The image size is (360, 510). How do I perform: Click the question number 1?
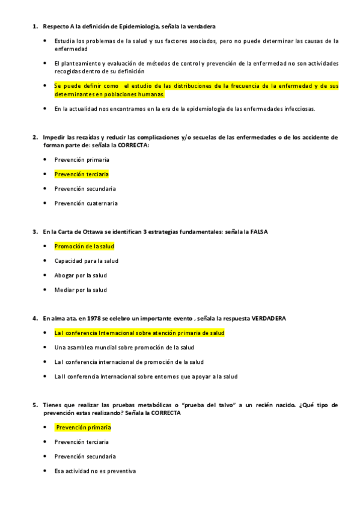pos(34,27)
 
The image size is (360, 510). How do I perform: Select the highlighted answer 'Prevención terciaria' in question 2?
pos(81,174)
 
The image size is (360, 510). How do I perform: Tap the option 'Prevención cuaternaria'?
pos(86,203)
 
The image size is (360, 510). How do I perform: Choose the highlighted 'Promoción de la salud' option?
pos(84,247)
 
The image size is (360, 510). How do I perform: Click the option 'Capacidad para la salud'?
pos(86,261)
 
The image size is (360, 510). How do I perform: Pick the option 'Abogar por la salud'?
pos(81,275)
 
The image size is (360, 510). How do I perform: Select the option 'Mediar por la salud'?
pos(81,290)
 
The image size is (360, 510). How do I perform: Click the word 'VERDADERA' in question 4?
pos(269,318)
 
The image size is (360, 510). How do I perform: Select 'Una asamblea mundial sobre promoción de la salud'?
pos(124,348)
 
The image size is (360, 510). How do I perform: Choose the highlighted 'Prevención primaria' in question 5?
pos(83,428)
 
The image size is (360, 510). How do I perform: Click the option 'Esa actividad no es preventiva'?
pos(95,471)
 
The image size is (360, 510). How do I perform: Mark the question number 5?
pos(34,405)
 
